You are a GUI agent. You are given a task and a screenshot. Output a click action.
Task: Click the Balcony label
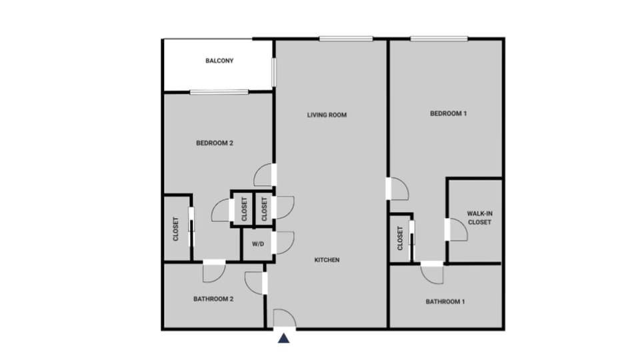click(219, 61)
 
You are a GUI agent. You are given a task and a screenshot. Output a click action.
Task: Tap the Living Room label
click(327, 115)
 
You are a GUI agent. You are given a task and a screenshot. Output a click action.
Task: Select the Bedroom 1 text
click(448, 113)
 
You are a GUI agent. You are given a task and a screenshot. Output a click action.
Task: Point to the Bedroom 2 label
click(214, 143)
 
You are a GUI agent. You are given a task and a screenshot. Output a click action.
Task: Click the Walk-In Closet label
click(479, 217)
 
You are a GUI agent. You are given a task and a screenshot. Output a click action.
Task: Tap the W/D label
click(258, 244)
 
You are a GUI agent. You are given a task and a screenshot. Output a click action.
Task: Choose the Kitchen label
click(327, 260)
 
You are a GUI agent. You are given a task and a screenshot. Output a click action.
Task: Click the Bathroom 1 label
click(445, 302)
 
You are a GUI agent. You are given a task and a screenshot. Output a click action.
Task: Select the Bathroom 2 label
click(213, 299)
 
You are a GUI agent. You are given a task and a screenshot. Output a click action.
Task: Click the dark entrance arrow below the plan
click(284, 339)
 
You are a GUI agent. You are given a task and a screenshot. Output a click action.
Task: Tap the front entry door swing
click(285, 318)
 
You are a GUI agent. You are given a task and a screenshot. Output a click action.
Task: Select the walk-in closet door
click(457, 230)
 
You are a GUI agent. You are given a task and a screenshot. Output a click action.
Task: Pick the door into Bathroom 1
click(431, 273)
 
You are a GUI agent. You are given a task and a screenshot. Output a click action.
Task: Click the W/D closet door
click(283, 243)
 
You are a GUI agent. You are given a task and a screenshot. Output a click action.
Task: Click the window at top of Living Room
click(345, 39)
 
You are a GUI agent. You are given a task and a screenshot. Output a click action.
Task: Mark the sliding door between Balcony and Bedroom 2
click(219, 92)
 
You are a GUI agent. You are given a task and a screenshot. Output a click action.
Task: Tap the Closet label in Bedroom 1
click(400, 238)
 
